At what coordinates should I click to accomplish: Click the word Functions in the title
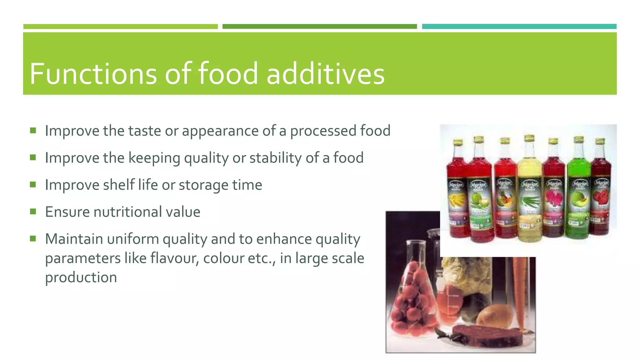[93, 74]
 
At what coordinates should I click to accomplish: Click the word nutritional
[127, 212]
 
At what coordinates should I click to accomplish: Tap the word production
[81, 277]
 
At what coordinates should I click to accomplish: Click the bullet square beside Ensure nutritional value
[33, 212]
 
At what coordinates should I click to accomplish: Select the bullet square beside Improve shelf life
[33, 184]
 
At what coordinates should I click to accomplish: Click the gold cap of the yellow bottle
[529, 138]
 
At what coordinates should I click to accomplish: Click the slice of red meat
[487, 336]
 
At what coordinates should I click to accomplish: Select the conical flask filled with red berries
[409, 300]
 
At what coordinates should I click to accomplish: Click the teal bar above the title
[519, 27]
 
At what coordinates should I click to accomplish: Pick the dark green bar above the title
[319, 27]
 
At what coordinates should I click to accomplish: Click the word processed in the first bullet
[323, 131]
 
